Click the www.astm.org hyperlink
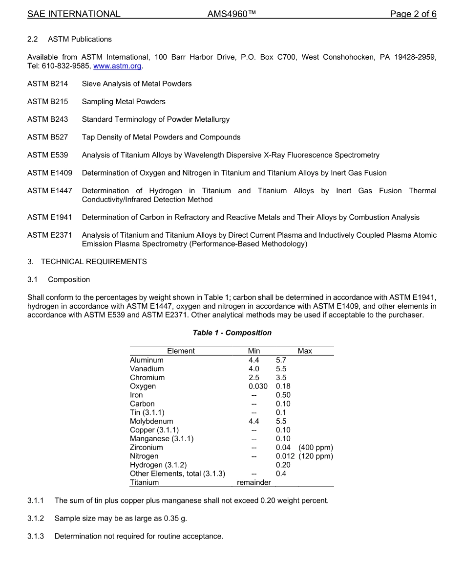point(117,66)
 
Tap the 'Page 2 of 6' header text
point(413,14)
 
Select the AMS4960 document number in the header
point(232,14)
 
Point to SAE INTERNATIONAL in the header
point(74,14)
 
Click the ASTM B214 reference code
point(48,84)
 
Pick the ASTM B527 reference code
point(48,137)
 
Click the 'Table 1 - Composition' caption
point(232,333)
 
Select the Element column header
point(181,351)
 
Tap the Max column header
point(305,351)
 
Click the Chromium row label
point(147,378)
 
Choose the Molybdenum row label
point(151,421)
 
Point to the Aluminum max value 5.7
point(281,360)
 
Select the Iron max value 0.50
point(283,395)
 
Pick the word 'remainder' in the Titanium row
point(254,483)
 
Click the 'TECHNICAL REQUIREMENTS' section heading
point(94,262)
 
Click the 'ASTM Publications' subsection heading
point(80,39)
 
